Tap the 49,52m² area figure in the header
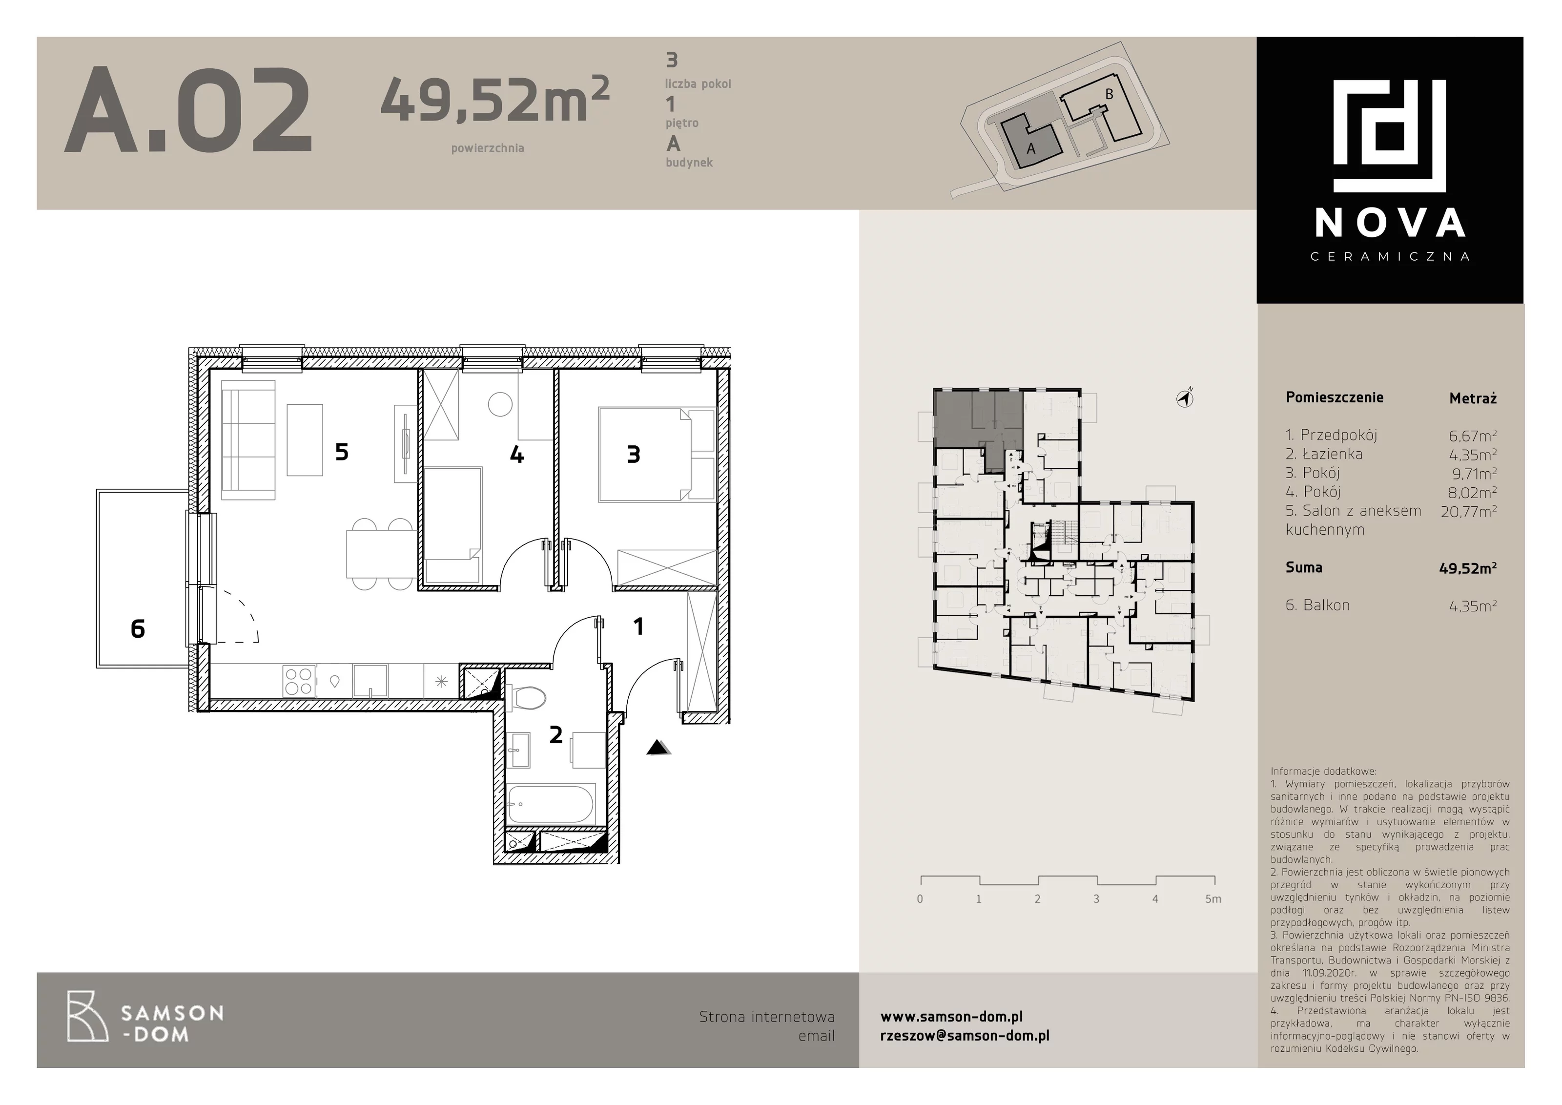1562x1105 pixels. click(494, 99)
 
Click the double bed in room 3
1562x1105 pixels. click(657, 455)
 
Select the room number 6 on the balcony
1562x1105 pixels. click(138, 629)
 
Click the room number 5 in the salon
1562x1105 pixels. click(342, 451)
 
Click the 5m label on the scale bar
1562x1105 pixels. click(1213, 899)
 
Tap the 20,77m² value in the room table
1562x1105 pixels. click(1468, 511)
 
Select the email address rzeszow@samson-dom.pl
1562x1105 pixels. click(965, 1036)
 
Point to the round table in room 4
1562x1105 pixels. click(500, 405)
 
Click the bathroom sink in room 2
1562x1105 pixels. click(518, 749)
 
